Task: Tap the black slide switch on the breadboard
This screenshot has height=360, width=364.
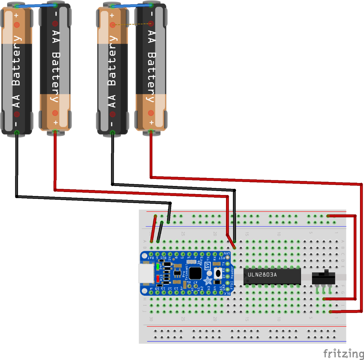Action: click(323, 278)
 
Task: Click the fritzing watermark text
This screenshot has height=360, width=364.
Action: click(343, 353)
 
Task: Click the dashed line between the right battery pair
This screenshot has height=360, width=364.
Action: click(132, 24)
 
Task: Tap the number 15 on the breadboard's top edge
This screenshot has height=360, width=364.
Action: click(247, 234)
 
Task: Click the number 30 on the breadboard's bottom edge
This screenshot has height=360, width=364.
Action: click(151, 319)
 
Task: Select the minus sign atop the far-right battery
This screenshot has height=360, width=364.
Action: click(151, 14)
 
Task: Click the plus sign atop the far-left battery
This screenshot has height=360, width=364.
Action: click(16, 15)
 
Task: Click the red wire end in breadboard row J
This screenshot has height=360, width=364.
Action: click(331, 312)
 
